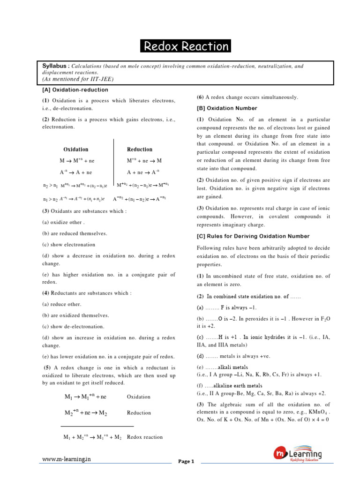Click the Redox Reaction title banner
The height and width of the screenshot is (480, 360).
[186, 46]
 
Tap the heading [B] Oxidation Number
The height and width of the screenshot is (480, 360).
[227, 108]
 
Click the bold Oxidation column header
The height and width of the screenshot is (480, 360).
[76, 150]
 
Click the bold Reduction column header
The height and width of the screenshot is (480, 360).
[140, 150]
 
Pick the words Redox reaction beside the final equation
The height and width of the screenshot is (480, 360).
[145, 437]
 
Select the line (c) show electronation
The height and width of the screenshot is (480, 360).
[68, 245]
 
